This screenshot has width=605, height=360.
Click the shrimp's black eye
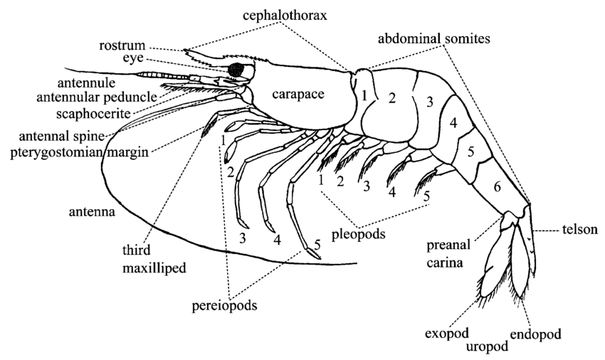pos(236,69)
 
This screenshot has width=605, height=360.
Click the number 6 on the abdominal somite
pos(497,186)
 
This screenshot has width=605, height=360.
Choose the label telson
pos(577,229)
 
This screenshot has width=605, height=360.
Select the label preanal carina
pos(446,255)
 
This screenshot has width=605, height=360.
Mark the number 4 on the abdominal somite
pos(453,123)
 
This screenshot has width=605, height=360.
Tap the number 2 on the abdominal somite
pos(391,99)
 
